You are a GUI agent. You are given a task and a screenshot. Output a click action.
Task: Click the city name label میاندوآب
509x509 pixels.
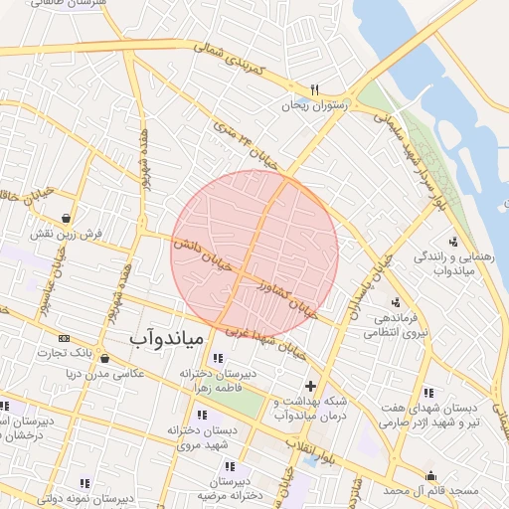point(166,339)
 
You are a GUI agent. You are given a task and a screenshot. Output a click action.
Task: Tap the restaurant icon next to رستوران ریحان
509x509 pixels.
point(314,88)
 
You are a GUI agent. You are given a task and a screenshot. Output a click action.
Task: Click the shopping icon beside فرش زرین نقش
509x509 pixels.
point(66,218)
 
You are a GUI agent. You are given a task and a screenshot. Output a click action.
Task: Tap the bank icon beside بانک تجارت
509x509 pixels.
point(65,338)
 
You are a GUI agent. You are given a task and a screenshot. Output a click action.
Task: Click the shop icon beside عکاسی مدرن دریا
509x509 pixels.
point(104,359)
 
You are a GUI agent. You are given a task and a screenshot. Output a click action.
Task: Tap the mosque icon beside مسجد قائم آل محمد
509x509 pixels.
point(430,475)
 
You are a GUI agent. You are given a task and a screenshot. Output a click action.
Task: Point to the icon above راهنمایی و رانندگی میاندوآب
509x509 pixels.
point(454,242)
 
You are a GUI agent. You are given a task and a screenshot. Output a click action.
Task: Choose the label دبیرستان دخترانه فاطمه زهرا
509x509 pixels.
point(219,379)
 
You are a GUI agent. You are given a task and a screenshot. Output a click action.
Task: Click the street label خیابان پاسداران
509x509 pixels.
point(359,287)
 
